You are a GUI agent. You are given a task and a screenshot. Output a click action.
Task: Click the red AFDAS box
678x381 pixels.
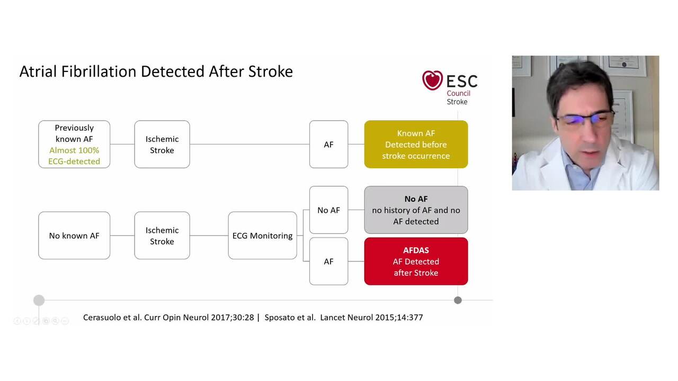pyautogui.click(x=416, y=261)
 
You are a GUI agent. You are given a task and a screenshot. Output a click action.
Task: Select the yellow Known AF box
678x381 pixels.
pyautogui.click(x=416, y=144)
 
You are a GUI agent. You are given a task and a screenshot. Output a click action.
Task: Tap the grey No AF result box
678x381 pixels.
pyautogui.click(x=416, y=210)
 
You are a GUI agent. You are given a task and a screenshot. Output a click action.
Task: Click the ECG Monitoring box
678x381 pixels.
pyautogui.click(x=262, y=235)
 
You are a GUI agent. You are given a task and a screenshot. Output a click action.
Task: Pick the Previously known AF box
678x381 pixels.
pyautogui.click(x=74, y=144)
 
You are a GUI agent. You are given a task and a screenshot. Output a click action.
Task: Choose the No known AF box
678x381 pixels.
pyautogui.click(x=74, y=235)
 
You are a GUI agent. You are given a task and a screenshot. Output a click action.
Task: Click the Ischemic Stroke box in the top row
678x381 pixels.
pyautogui.click(x=162, y=144)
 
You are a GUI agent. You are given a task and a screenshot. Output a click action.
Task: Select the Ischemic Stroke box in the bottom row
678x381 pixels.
pyautogui.click(x=162, y=235)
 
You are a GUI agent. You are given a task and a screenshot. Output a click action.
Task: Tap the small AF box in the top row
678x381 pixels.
pyautogui.click(x=328, y=144)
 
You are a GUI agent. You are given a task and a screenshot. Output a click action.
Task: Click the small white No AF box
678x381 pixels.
pyautogui.click(x=328, y=210)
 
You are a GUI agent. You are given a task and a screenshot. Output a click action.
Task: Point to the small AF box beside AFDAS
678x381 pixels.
pyautogui.click(x=328, y=261)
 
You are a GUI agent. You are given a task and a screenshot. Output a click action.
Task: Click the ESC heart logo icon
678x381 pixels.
pyautogui.click(x=432, y=80)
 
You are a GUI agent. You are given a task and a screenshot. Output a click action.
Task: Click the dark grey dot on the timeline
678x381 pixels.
pyautogui.click(x=458, y=300)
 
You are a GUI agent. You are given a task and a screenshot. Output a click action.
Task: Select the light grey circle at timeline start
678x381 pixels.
pyautogui.click(x=39, y=301)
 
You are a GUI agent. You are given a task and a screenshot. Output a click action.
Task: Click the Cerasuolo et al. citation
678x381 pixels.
pyautogui.click(x=168, y=317)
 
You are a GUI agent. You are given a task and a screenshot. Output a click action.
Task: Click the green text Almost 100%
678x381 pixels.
pyautogui.click(x=74, y=150)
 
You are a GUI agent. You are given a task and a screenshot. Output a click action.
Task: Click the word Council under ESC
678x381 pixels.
pyautogui.click(x=458, y=93)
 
